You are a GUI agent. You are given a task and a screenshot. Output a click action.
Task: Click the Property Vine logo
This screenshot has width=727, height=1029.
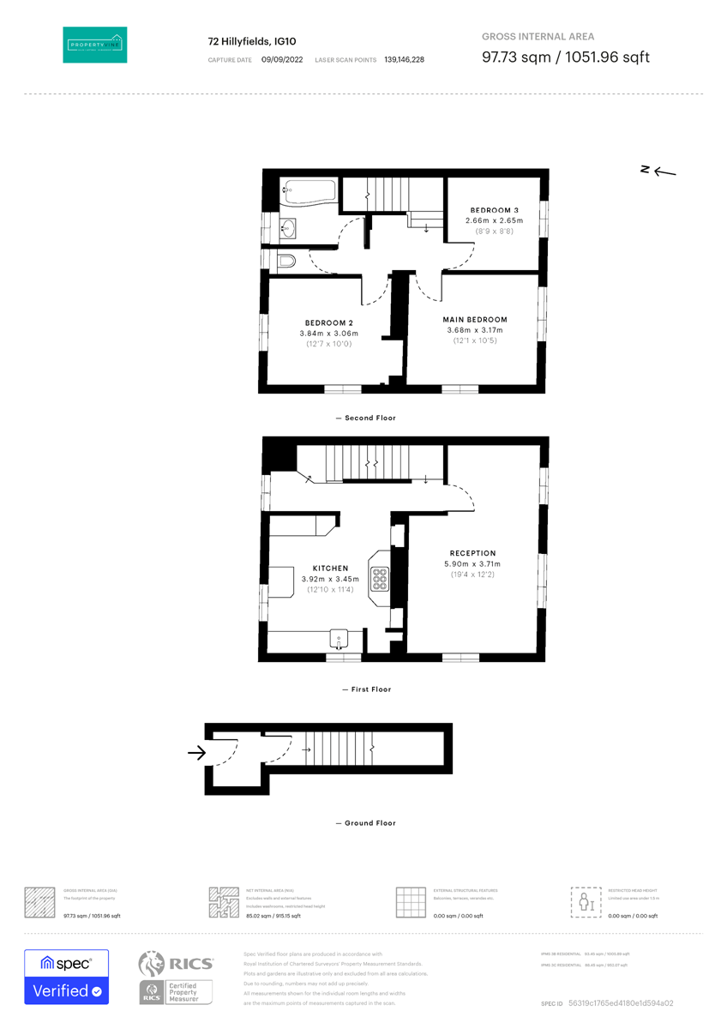point(95,45)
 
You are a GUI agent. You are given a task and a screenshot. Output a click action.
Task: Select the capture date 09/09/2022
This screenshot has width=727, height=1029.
point(282,60)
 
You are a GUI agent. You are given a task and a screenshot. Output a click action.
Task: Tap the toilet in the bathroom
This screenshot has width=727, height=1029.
point(285,261)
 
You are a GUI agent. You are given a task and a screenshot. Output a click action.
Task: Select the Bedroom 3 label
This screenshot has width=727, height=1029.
point(494,210)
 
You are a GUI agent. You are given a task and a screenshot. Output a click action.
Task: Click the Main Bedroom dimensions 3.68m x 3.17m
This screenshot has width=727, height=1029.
point(475,330)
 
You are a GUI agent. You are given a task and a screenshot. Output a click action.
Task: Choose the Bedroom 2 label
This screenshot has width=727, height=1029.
point(329,323)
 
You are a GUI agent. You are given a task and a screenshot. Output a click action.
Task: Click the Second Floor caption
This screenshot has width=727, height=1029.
point(366,418)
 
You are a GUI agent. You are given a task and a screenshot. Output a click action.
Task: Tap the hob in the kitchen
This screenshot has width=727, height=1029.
point(379,580)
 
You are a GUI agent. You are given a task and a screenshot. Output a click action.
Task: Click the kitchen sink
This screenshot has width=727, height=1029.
point(339,640)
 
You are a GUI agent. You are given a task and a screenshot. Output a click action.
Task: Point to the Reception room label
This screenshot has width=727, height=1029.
point(472,553)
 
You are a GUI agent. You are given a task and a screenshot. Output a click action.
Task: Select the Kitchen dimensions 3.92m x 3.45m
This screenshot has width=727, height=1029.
point(330,579)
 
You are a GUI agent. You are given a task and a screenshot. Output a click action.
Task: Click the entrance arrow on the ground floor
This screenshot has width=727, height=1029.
point(196,753)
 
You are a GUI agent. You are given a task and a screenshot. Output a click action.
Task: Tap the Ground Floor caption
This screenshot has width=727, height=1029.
point(366,822)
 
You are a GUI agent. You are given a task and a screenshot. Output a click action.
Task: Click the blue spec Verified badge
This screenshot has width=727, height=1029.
point(66,977)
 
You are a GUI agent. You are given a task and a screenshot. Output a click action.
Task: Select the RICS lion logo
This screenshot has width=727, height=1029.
point(152,964)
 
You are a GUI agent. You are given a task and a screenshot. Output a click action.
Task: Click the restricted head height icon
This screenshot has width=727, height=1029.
point(586,902)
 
